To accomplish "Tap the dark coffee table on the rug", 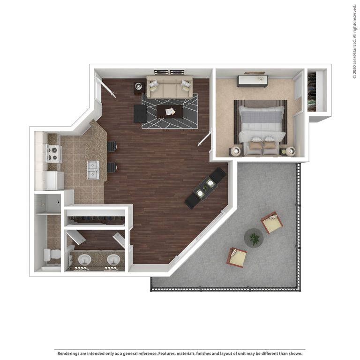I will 170,111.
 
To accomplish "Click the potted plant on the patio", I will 254,238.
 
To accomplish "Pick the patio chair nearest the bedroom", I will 272,222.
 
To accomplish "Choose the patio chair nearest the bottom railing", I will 237,257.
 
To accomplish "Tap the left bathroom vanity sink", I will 85,259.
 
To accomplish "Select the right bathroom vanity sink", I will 113,259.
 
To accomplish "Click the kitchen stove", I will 53,154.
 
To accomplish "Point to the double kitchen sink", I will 93,170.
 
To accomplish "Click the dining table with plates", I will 205,188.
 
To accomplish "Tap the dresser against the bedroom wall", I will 252,81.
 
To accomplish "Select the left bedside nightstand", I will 235,151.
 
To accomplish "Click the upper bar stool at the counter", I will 112,146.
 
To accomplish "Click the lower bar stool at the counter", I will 112,167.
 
